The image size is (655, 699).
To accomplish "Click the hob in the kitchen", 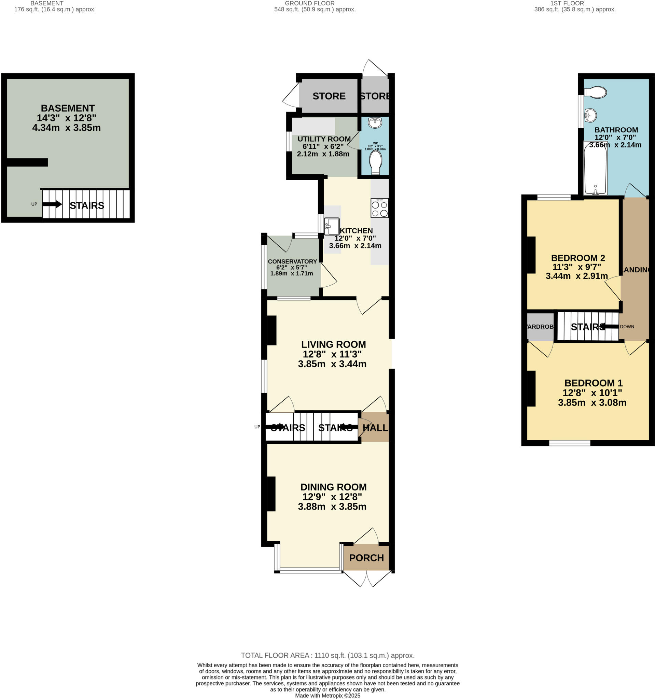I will tap(379, 208).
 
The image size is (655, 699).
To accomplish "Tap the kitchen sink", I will tap(331, 226).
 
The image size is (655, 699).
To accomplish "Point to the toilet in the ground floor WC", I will tap(376, 162).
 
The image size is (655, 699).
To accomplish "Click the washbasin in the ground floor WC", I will tap(375, 123).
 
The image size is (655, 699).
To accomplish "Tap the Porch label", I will tap(366, 558).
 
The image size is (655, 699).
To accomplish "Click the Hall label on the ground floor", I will tap(375, 428).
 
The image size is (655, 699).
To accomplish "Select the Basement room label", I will tap(68, 108).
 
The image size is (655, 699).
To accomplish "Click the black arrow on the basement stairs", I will tap(52, 204).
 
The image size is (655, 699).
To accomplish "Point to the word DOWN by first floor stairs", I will tap(627, 327).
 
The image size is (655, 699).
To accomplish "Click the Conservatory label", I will tap(292, 261).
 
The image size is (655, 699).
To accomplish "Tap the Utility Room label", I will tap(324, 139).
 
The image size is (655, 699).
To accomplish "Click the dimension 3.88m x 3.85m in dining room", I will tap(332, 507).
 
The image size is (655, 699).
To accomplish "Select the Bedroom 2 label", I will tap(577, 258).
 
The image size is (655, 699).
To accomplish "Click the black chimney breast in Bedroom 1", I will tap(531, 388).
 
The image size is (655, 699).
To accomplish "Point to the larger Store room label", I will tap(329, 96).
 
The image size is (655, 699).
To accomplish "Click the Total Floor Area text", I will tap(327, 655).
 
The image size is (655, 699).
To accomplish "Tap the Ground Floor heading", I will tap(309, 3).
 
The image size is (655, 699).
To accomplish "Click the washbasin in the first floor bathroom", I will tap(590, 115).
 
